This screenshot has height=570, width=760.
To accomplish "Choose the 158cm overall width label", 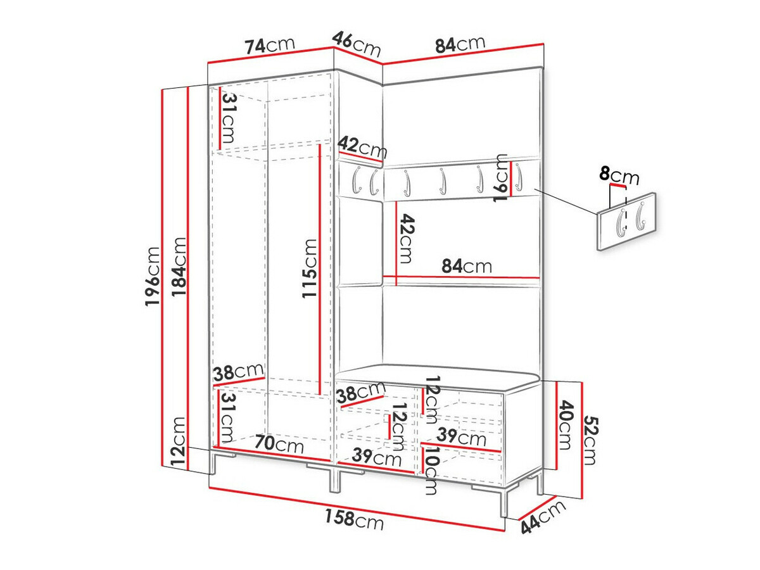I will [x=354, y=520].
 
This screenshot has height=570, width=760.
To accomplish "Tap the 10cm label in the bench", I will [x=431, y=471].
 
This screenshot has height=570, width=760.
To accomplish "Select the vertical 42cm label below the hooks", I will [x=405, y=239].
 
